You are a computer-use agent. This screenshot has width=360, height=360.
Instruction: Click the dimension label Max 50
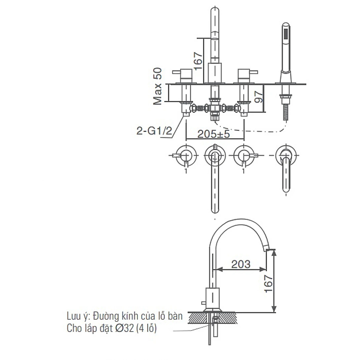pos(158,86)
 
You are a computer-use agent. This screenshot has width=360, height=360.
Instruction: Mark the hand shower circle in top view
pos(287,154)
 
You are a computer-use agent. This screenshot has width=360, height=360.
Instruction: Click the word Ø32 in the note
pos(124,329)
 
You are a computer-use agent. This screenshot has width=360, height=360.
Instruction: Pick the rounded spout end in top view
pos(215,208)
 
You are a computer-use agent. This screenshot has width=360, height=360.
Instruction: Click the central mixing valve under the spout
pos(215,108)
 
